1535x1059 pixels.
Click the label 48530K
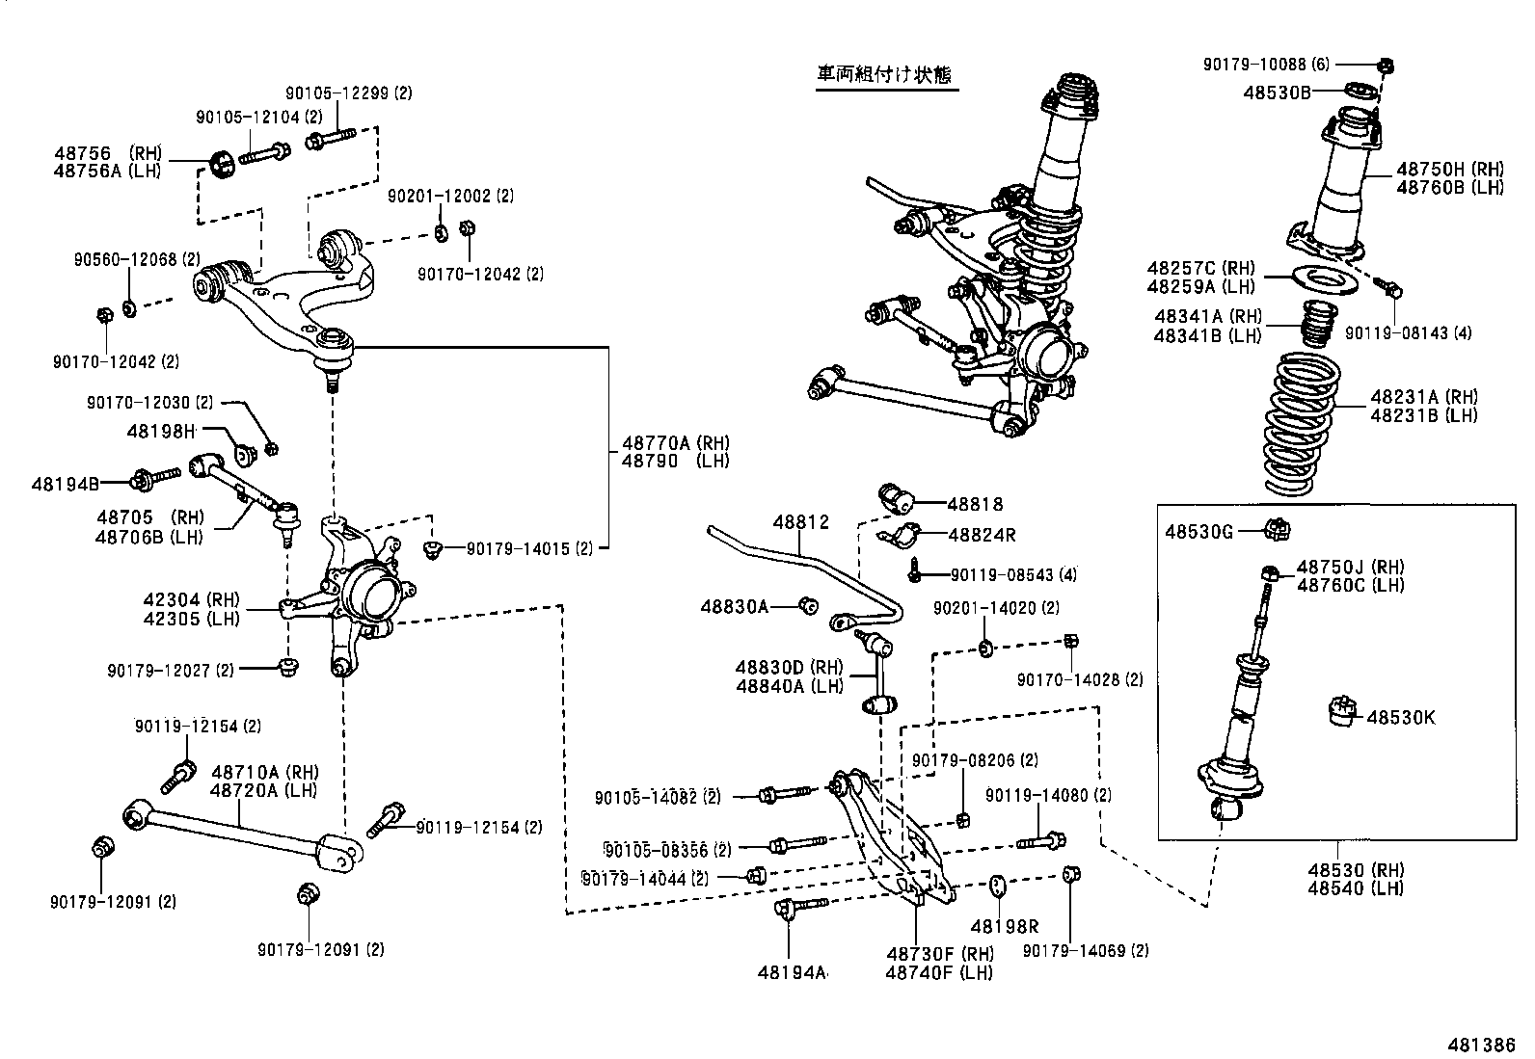tap(1400, 717)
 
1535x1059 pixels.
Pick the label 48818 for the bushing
tap(974, 503)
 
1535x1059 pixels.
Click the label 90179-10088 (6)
tap(1265, 65)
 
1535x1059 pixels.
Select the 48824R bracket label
tap(981, 534)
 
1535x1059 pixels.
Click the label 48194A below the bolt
tap(792, 971)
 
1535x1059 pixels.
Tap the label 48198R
tap(1004, 926)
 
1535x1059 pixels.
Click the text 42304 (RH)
tap(188, 600)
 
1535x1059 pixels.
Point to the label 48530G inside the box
tap(1198, 531)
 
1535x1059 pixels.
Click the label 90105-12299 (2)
tap(348, 93)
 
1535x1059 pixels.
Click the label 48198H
tap(160, 431)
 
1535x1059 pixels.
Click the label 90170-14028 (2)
tap(1079, 679)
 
